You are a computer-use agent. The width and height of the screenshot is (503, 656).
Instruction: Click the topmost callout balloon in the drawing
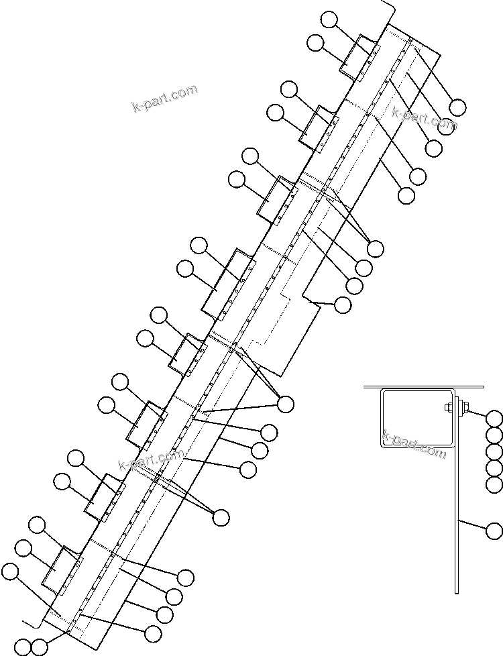coord(329,19)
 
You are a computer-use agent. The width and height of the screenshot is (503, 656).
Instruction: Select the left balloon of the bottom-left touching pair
coord(23,647)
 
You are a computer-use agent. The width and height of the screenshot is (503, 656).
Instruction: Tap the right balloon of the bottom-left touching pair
coord(40,647)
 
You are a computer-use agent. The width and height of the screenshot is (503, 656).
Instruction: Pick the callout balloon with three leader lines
coord(286,404)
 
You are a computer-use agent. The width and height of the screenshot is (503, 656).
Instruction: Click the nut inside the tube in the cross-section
coord(447,406)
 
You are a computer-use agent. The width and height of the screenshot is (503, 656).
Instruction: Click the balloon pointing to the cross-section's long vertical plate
coord(494,531)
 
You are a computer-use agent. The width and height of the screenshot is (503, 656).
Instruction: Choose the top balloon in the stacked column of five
coord(494,419)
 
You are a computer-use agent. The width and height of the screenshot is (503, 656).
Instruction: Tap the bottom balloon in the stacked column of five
coord(494,485)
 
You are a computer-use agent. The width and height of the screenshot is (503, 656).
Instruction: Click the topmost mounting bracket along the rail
coord(360,58)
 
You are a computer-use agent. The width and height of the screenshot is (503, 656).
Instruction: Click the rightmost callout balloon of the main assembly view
coord(458,107)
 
